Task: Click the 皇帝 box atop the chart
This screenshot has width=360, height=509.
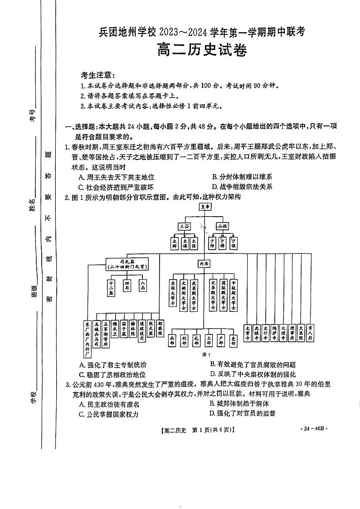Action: click(205, 207)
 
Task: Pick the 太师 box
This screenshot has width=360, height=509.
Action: click(174, 243)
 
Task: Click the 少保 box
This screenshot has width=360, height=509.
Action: click(234, 243)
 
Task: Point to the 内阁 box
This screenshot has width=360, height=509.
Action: click(203, 263)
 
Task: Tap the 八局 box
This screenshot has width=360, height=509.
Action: click(143, 285)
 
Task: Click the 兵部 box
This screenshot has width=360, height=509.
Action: click(172, 340)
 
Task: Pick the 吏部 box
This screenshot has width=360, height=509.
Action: click(234, 340)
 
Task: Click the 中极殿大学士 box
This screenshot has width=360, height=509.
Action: click(234, 295)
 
